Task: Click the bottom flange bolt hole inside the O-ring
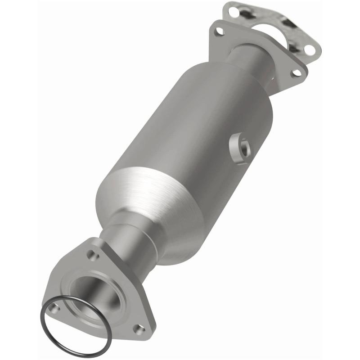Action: (x=55, y=308)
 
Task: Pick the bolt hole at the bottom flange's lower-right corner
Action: (x=139, y=329)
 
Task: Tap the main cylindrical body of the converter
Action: (x=189, y=130)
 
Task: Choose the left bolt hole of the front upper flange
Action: (x=219, y=31)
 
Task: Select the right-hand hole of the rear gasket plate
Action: (x=309, y=49)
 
